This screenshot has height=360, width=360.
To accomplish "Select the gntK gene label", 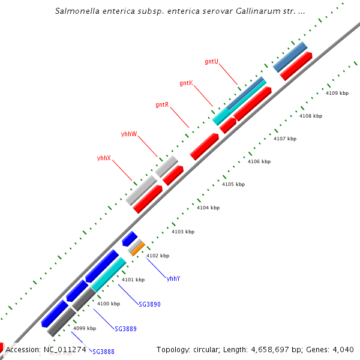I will point(186,83).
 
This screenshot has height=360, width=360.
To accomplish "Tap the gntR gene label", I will point(161,105).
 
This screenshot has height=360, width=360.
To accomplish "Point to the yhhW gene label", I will point(128,133).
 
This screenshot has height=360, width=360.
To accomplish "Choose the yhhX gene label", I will point(104,158).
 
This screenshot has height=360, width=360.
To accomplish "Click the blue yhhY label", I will point(173,278).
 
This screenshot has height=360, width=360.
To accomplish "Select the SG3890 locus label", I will point(149,304).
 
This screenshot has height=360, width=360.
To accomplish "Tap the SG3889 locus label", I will point(125,329).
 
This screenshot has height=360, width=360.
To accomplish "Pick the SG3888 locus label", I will point(103,352).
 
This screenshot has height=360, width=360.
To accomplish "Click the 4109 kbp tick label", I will point(337,93).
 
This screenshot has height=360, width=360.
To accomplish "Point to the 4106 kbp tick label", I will point(259,161).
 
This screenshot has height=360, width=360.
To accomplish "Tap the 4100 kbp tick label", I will point(109,304).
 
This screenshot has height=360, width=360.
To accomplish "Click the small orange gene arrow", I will point(138,248).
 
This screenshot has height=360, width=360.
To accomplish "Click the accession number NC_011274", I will point(65,349).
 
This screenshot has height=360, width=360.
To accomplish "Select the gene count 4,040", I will point(342,349).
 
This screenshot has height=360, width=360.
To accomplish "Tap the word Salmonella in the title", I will point(77,11).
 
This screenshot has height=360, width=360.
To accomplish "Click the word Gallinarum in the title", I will point(242,11).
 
